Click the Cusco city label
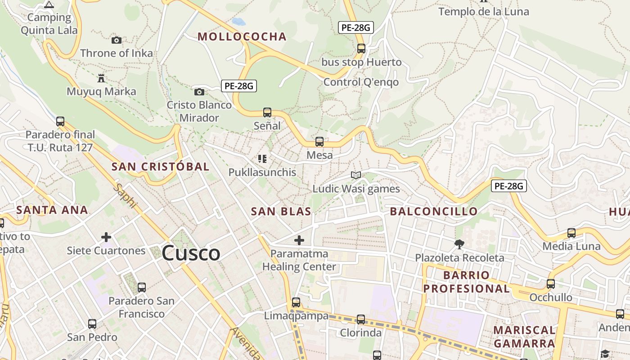pyautogui.click(x=191, y=253)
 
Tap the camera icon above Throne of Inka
pyautogui.click(x=117, y=40)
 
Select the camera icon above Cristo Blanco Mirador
pyautogui.click(x=199, y=92)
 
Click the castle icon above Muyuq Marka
pyautogui.click(x=101, y=78)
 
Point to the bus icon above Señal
pyautogui.click(x=267, y=112)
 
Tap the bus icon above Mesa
pyautogui.click(x=319, y=142)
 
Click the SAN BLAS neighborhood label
pyautogui.click(x=281, y=211)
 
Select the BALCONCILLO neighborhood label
pyautogui.click(x=434, y=211)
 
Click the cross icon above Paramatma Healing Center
pyautogui.click(x=299, y=240)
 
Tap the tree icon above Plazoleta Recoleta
pyautogui.click(x=459, y=244)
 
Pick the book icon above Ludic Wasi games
pyautogui.click(x=356, y=175)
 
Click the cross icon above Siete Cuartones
pyautogui.click(x=106, y=237)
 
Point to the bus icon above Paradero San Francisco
pyautogui.click(x=142, y=287)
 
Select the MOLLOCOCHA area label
pyautogui.click(x=242, y=37)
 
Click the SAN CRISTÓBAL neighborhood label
pyautogui.click(x=160, y=166)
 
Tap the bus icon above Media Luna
pyautogui.click(x=571, y=233)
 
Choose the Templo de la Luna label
pyautogui.click(x=484, y=12)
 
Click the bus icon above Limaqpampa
pyautogui.click(x=296, y=302)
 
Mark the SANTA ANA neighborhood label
pyautogui.click(x=52, y=210)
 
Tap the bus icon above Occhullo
pyautogui.click(x=550, y=284)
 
